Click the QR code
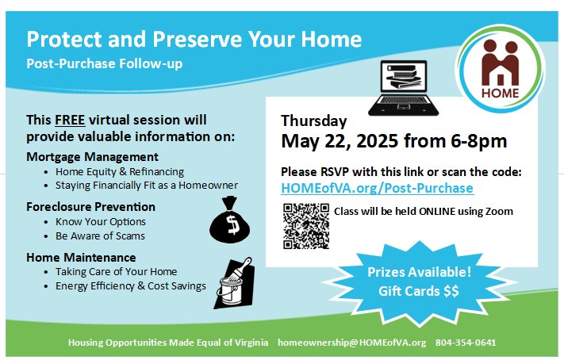point(306,226)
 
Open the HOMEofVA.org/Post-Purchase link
point(377,188)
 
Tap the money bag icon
point(230,220)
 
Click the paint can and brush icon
point(235,283)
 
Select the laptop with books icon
point(403,88)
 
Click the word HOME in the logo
point(501,94)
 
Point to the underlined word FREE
point(70,120)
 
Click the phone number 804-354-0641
point(466,343)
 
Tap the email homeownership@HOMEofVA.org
point(351,343)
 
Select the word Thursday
point(313,121)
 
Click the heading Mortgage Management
point(93,157)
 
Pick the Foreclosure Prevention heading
point(90,207)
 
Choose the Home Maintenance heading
point(81,258)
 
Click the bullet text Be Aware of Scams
point(100,236)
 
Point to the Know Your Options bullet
point(101,221)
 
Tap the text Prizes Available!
point(419,272)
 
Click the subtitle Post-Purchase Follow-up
point(104,63)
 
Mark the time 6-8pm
point(479,141)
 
